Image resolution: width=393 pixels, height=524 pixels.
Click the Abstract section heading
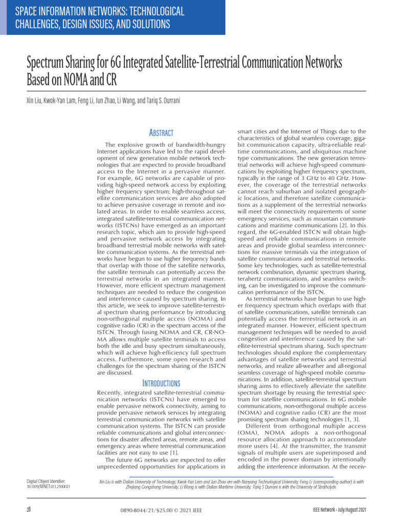click(x=161, y=133)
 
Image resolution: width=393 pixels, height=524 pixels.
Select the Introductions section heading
click(x=161, y=383)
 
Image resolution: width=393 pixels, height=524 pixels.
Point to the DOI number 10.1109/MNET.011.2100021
click(x=48, y=487)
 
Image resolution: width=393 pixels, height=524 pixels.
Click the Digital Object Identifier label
click(x=47, y=481)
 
